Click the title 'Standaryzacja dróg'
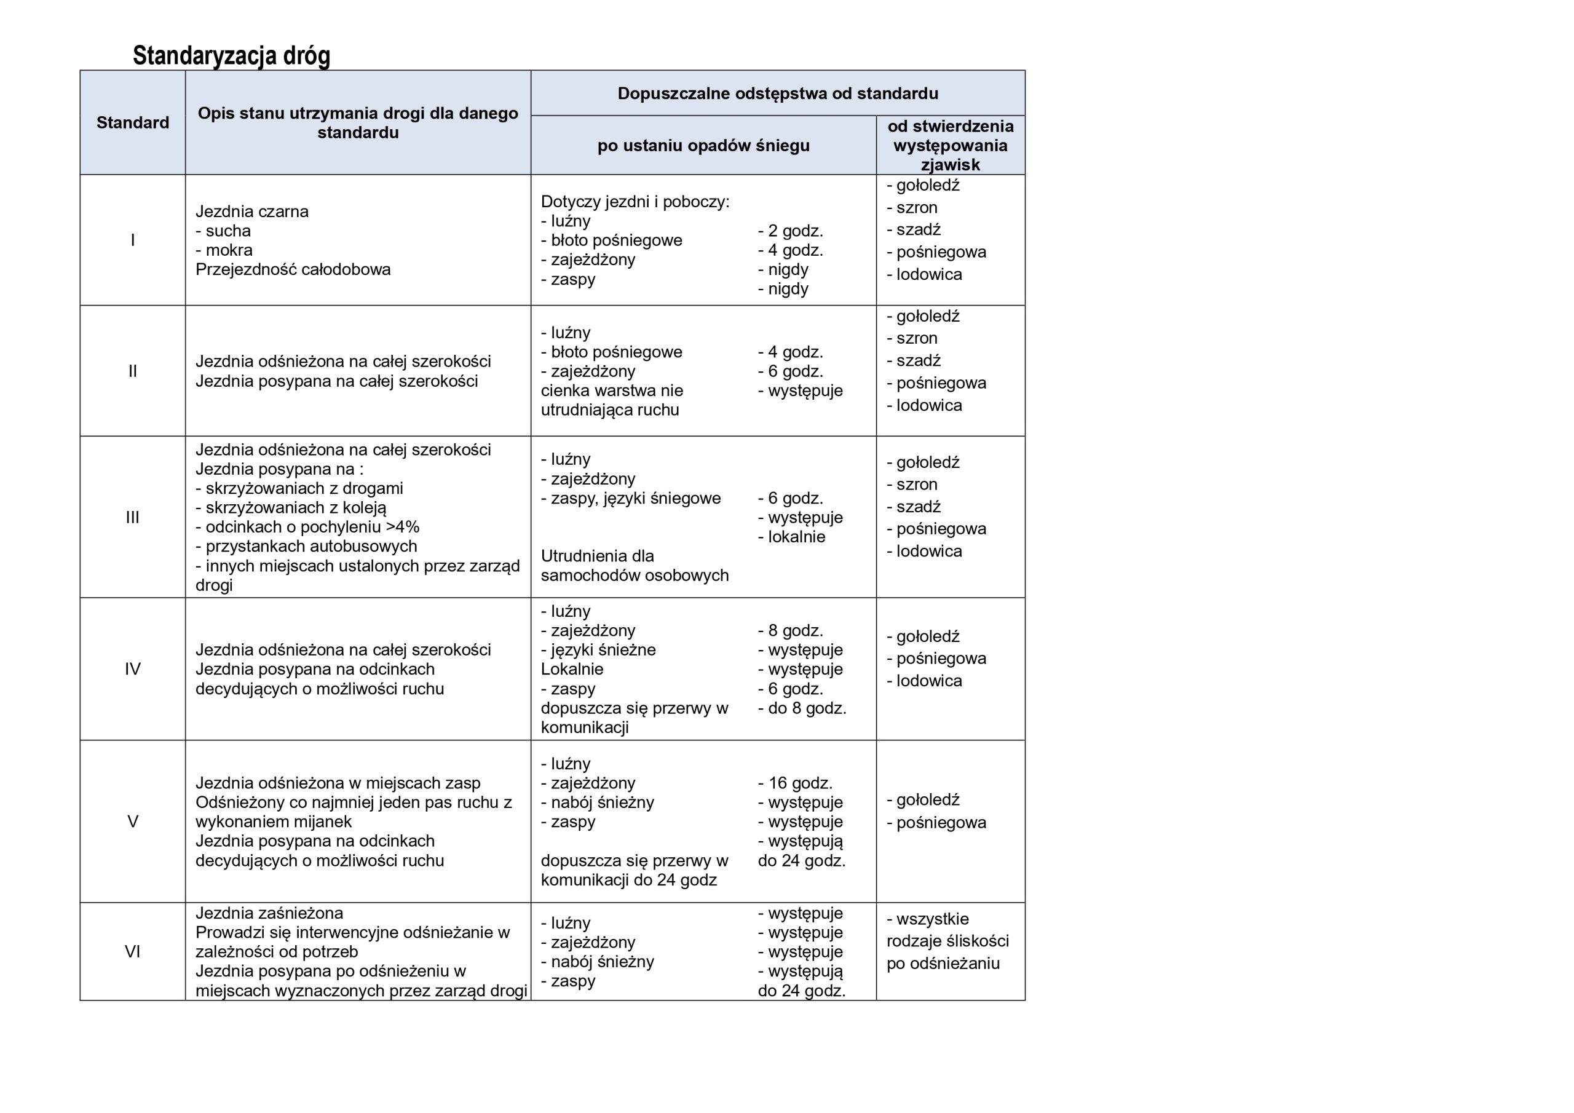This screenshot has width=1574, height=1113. point(231,55)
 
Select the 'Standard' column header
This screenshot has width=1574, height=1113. point(132,123)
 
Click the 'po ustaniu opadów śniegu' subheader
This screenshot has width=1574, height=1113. point(703,145)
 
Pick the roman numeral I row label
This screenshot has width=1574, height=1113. point(132,240)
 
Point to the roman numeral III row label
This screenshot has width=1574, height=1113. point(132,517)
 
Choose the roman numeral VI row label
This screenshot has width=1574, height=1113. point(132,951)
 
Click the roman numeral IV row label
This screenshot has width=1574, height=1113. point(132,668)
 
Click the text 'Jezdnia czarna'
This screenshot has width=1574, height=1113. point(251,211)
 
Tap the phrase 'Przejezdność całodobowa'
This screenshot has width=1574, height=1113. point(293,269)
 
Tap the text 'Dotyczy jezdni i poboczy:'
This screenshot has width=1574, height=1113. point(635,202)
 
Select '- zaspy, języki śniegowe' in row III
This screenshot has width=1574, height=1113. point(631,498)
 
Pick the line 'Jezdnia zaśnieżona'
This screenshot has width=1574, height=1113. point(269,913)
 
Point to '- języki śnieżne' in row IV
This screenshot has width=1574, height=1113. point(598,649)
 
